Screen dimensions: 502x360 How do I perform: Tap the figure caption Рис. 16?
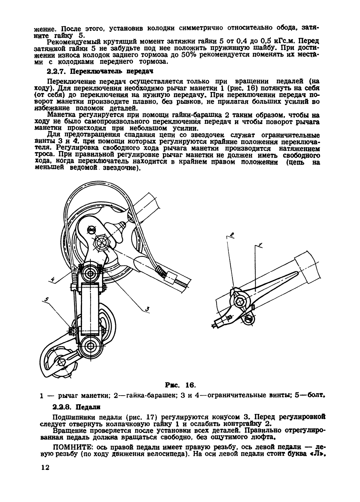pos(179,385)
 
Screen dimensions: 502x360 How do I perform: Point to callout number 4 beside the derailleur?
pos(53,280)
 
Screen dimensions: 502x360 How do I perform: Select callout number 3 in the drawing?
pos(147,310)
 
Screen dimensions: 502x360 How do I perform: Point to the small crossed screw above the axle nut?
pos(90,229)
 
